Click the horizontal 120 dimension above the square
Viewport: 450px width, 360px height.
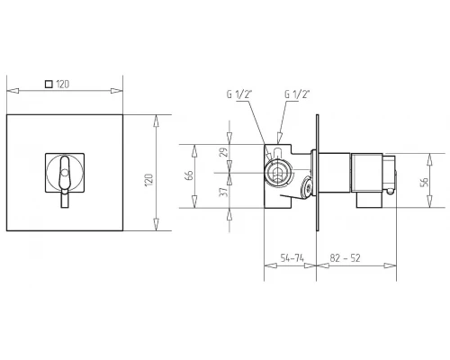coord(63,85)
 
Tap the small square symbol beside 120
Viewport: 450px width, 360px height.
coord(49,84)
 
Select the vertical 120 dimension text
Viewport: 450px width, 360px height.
coord(149,180)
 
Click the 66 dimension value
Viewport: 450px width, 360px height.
coord(189,175)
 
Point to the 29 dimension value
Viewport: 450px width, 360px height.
coord(223,152)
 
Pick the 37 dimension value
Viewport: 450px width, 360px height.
coord(223,192)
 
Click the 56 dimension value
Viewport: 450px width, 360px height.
coord(424,182)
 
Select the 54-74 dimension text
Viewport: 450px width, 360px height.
coord(292,258)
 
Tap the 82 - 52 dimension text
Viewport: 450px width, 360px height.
coord(345,258)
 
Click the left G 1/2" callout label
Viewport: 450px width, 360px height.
coord(238,94)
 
